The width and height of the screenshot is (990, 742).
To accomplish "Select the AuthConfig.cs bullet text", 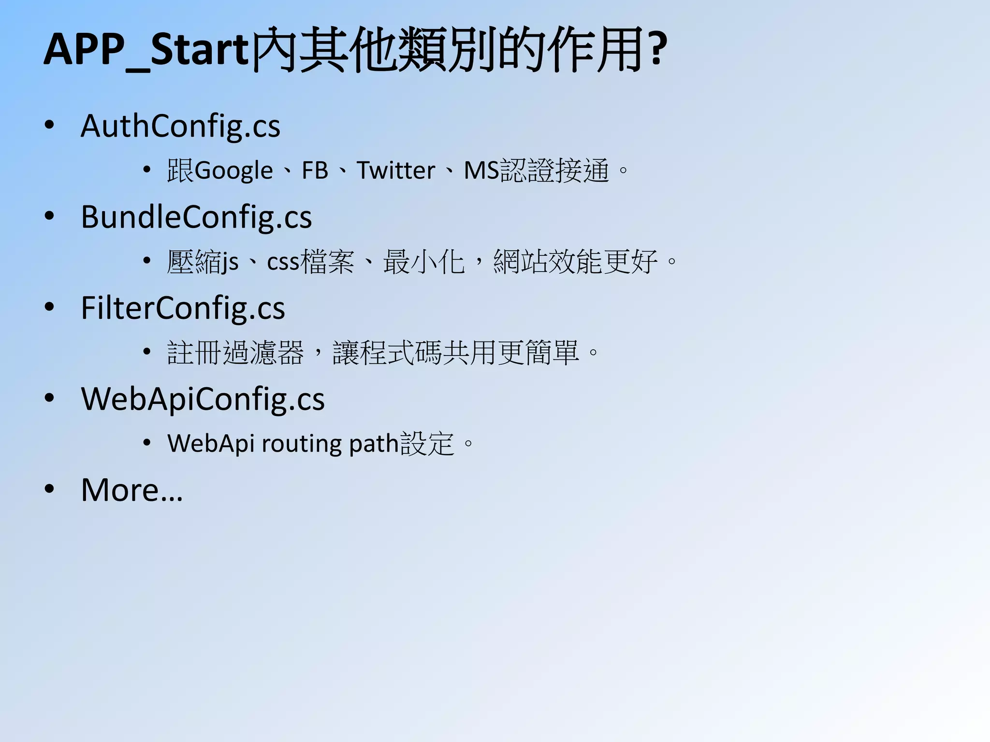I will click(180, 126).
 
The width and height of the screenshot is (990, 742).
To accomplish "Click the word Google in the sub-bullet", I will click(234, 171).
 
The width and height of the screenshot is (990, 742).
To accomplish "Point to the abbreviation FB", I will click(315, 171).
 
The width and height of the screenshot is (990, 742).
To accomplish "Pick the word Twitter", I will click(395, 171).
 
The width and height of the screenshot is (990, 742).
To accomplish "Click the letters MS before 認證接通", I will click(481, 171).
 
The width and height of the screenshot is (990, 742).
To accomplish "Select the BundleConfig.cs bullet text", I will click(196, 217).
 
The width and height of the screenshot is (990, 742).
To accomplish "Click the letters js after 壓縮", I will click(230, 263).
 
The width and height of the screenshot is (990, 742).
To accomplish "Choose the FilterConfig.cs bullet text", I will click(183, 308).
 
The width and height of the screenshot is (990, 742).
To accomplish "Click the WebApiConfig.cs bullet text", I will click(203, 399).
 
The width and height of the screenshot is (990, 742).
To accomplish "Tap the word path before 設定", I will click(373, 443).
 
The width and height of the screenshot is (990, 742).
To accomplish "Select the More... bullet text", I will click(132, 490).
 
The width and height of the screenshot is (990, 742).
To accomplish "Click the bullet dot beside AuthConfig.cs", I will click(49, 125).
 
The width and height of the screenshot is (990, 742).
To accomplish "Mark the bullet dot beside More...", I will click(49, 489).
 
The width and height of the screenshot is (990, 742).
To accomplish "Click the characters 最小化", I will click(423, 262).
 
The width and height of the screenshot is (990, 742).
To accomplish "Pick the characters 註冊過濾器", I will click(235, 353).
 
